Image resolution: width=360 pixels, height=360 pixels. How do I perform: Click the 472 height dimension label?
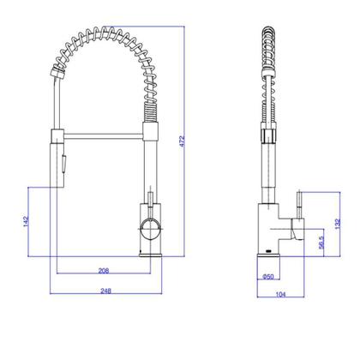tap(183, 141)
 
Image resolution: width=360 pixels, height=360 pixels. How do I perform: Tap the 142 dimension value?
tap(26, 221)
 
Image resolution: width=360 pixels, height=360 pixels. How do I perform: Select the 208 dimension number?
tap(104, 270)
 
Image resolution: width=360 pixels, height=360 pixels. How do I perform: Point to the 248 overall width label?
tap(105, 291)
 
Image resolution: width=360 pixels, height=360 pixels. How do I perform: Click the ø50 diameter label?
tap(268, 276)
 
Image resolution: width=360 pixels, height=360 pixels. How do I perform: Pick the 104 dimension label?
tap(280, 294)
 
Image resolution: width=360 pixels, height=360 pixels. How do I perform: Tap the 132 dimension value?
tap(338, 224)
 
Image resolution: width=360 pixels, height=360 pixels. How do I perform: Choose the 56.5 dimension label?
tap(321, 243)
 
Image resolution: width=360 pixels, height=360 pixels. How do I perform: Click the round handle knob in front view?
tap(151, 231)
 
